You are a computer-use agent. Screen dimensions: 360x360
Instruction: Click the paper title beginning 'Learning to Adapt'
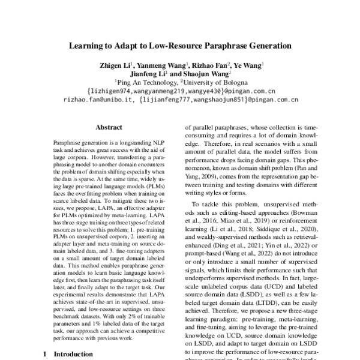click(179, 44)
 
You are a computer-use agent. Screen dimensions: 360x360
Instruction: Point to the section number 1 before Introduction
click(45, 355)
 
